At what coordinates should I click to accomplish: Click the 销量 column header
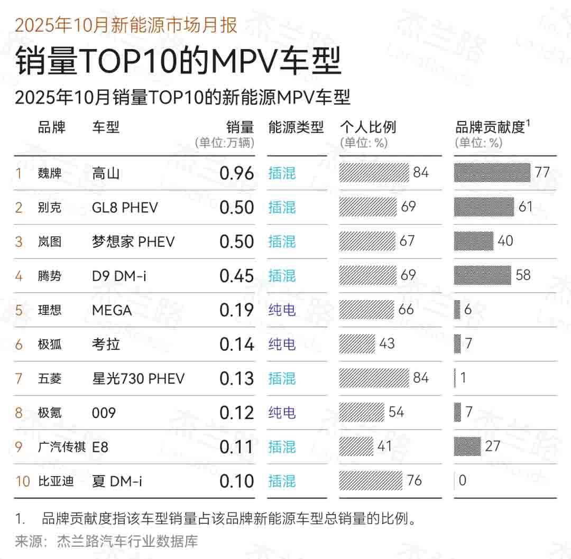240,127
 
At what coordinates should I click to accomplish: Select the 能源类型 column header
296,127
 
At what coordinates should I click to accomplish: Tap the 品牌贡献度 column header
490,127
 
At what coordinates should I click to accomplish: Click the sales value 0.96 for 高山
236,173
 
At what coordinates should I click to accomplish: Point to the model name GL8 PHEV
125,207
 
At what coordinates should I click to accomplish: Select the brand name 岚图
50,241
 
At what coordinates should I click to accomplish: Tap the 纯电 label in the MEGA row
282,310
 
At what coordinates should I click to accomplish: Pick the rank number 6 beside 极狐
19,344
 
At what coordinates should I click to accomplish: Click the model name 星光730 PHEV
138,378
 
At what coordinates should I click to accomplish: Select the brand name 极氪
50,413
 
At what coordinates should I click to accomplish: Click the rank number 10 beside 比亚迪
23,481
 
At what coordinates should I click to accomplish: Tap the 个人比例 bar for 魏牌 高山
374,173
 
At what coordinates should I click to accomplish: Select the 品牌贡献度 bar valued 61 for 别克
484,207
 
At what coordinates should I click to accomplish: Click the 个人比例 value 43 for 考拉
387,343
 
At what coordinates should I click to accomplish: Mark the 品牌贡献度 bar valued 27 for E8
467,446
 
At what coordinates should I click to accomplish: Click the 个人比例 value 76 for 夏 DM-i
415,480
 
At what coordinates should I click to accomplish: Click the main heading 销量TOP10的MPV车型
178,62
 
